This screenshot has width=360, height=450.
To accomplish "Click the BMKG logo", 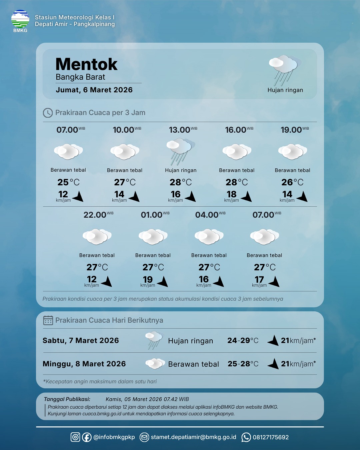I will (20, 20).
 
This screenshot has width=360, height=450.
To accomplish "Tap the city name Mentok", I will (86, 64).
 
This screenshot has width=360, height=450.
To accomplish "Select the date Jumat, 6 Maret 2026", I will (94, 90).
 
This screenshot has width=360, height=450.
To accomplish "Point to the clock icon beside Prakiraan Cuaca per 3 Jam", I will (48, 113).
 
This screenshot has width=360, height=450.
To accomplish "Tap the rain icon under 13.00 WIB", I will (180, 151).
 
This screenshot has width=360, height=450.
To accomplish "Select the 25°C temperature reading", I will (68, 182).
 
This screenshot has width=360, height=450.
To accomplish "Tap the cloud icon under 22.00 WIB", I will (97, 236).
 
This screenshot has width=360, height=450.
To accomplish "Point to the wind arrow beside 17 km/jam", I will (274, 282).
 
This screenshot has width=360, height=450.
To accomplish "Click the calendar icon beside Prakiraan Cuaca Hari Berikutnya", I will (48, 320).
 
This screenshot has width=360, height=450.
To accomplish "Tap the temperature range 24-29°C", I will (243, 341).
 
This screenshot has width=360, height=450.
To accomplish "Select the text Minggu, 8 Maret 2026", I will (84, 364).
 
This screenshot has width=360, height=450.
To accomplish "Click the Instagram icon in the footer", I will (75, 437).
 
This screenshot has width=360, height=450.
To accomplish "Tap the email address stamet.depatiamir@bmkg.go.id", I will (193, 437).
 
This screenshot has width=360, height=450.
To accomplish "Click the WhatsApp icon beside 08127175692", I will (246, 437).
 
